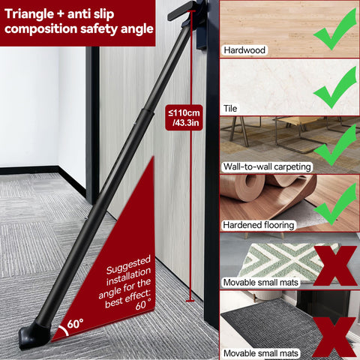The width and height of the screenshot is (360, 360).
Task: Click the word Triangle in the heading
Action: pos(29,14)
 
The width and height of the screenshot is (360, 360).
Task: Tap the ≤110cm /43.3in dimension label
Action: pos(184,118)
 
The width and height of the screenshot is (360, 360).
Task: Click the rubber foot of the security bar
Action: pos(34,335)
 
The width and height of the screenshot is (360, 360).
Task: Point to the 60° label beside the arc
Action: pos(75,324)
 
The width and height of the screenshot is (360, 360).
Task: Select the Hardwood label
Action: pos(244,50)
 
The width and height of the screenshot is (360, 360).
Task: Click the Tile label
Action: pos(230,109)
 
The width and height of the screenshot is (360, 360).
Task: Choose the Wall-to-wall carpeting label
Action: pos(267,166)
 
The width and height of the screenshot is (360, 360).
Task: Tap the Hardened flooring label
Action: pos(258,225)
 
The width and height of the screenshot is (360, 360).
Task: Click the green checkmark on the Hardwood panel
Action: pos(335,29)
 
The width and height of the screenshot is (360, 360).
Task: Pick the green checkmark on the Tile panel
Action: pos(335,88)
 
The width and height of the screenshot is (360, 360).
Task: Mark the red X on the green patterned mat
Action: pos(335,265)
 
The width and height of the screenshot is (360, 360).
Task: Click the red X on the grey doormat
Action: pos(334,337)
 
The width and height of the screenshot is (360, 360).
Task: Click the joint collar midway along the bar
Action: pos(147,112)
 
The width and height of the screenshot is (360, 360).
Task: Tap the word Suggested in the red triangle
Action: pos(128,265)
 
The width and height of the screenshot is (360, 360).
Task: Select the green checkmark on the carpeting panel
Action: pos(335,145)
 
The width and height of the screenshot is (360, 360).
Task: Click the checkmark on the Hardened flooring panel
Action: pos(335,204)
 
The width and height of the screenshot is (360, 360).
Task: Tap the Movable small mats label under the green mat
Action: pos(260,283)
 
